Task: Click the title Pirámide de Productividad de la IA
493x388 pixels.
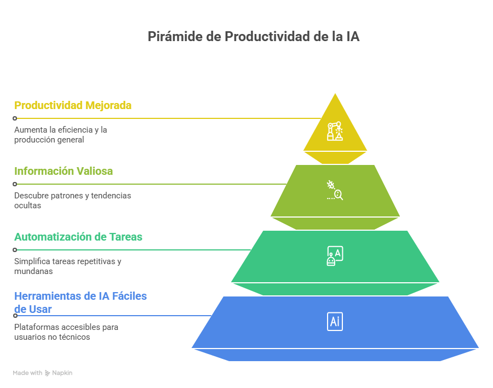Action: point(254,37)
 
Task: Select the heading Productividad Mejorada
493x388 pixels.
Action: point(73,105)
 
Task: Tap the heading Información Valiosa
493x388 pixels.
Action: point(64,171)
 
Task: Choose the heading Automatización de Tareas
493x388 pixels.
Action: point(78,237)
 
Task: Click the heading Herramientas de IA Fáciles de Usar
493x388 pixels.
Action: point(80,303)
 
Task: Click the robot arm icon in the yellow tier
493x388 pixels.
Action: point(335,132)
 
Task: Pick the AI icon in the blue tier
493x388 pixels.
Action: point(335,321)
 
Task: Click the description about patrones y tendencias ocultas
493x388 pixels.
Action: point(72,200)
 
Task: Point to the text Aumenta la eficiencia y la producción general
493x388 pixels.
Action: point(60,134)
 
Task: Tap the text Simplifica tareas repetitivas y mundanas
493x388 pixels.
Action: point(67,266)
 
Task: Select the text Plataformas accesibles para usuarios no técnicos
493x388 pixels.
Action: point(66,332)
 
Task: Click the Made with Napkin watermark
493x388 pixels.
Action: point(43,373)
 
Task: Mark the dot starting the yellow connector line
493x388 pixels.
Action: point(15,118)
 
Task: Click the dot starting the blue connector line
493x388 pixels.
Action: point(15,316)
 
